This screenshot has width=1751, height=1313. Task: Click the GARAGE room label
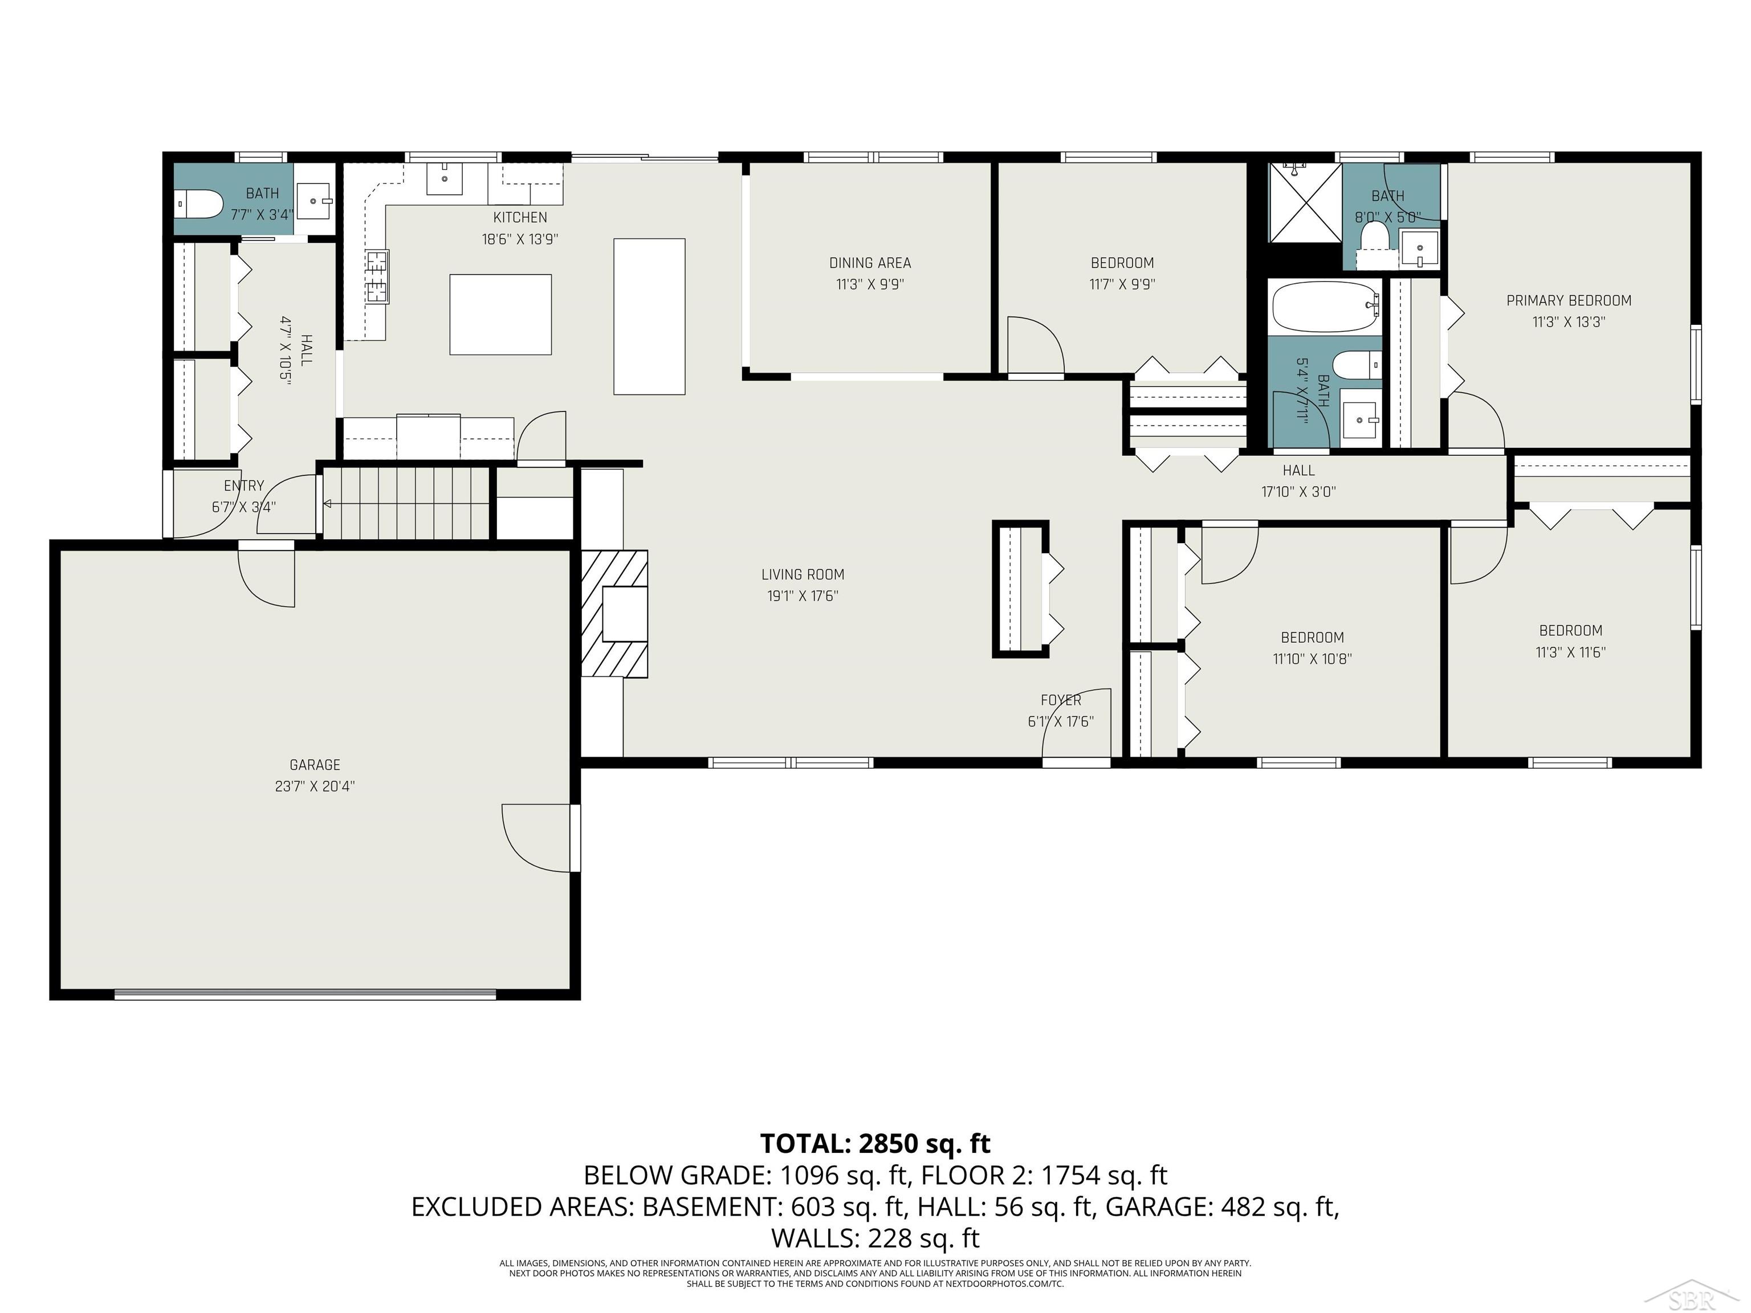(x=314, y=765)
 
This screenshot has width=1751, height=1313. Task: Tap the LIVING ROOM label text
(x=803, y=574)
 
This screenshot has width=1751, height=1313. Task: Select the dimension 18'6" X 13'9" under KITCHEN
(x=520, y=239)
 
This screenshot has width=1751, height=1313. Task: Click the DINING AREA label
(x=870, y=263)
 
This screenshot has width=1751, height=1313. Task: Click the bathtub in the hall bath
(x=1324, y=307)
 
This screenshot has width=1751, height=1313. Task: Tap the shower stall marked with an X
(x=1305, y=203)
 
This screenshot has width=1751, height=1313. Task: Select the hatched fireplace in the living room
(x=615, y=614)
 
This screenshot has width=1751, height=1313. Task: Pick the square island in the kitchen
(x=500, y=314)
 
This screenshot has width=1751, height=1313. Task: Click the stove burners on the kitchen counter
(x=377, y=275)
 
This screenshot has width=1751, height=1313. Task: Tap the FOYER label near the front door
(x=1061, y=700)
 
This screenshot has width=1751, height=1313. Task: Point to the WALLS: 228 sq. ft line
(x=875, y=1238)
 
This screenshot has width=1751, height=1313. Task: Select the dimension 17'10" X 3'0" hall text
(x=1298, y=491)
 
